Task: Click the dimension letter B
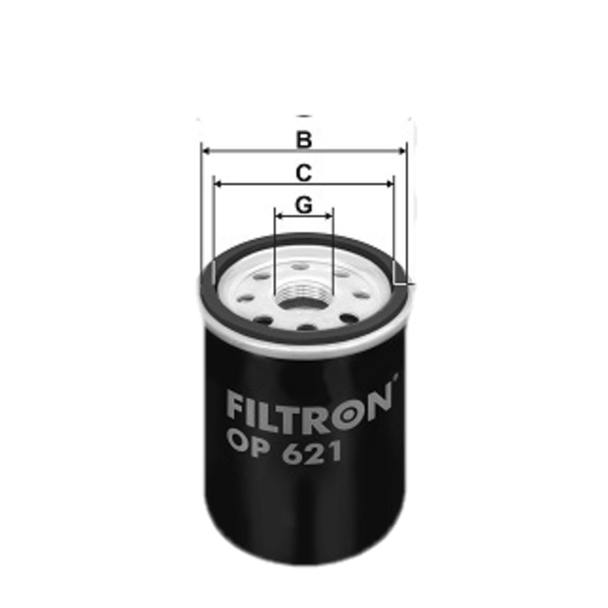coord(304,140)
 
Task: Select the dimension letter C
coord(304,173)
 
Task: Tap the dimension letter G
coord(303,205)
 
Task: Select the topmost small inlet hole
coord(302,267)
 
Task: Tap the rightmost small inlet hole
coord(363,295)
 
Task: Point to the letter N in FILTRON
coord(380,401)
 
